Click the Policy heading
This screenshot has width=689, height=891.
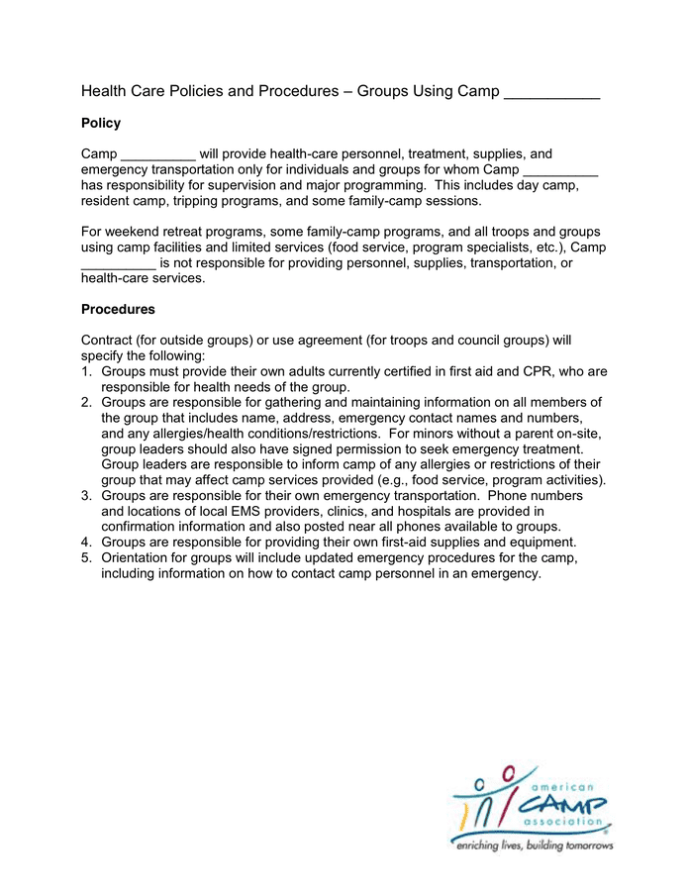pyautogui.click(x=101, y=124)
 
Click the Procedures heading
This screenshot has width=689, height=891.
pyautogui.click(x=118, y=310)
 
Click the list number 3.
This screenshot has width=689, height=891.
pyautogui.click(x=86, y=495)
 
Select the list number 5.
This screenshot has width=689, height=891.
pyautogui.click(x=86, y=557)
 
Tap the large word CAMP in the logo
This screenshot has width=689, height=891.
pyautogui.click(x=567, y=799)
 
